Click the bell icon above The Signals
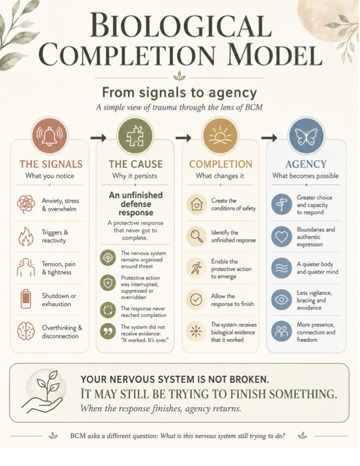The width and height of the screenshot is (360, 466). (49, 135)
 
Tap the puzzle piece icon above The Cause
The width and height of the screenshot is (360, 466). (135, 135)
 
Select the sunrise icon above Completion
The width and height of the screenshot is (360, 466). (220, 135)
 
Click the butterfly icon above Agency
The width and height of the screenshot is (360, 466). (306, 135)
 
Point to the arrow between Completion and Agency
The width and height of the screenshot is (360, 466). (269, 138)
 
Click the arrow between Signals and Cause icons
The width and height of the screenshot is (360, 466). (98, 138)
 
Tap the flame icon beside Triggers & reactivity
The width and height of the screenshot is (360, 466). (25, 237)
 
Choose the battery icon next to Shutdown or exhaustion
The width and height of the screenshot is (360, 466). (26, 299)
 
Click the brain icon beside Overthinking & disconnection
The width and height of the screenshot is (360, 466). (26, 331)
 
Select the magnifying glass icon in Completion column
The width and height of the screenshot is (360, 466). (196, 236)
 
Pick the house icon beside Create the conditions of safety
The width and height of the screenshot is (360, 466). (196, 204)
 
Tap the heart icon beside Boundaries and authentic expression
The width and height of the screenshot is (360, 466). (281, 237)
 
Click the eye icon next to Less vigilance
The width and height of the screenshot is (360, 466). (281, 299)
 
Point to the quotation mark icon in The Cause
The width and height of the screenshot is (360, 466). (108, 331)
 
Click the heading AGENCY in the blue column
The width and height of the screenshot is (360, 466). (306, 164)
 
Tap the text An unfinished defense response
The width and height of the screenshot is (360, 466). (136, 204)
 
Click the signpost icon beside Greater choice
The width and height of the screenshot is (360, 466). (281, 205)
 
